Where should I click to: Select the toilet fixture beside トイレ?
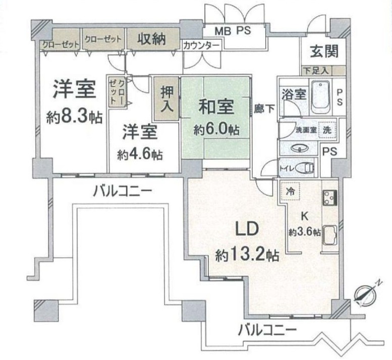pos(305,167)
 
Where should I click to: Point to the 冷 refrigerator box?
pos(290,191)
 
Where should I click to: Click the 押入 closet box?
pos(166,98)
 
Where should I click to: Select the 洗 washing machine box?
pos(328,129)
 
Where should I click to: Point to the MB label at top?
pos(222,31)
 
